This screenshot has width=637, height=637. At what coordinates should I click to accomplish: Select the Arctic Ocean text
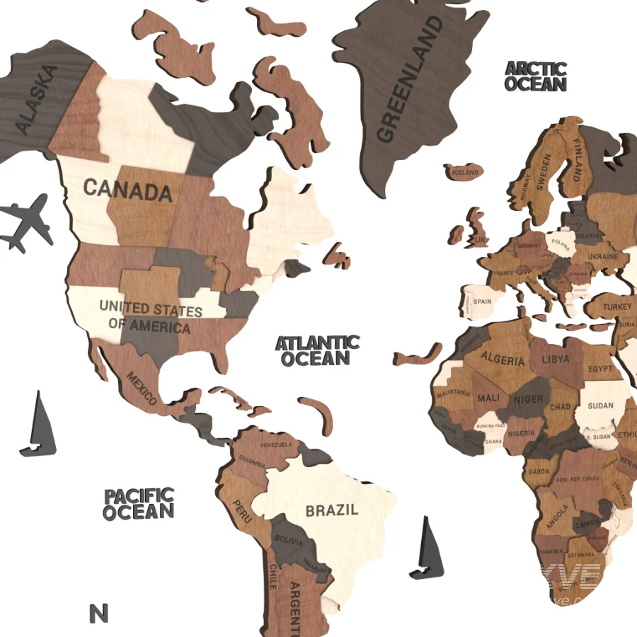tap(536, 76)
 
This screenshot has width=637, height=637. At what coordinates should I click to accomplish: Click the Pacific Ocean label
tap(139, 503)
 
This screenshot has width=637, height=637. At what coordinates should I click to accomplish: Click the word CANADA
tap(128, 190)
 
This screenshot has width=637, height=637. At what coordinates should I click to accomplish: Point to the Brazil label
tap(331, 510)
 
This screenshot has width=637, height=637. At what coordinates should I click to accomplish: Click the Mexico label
tap(142, 389)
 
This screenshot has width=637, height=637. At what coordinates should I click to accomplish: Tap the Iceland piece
tap(465, 172)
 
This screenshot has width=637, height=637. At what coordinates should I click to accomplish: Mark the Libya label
tap(556, 360)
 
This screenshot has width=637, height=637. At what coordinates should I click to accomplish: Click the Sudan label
tap(601, 406)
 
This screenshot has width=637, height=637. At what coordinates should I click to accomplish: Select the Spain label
tap(483, 301)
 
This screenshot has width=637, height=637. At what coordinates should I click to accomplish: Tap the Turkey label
tap(617, 307)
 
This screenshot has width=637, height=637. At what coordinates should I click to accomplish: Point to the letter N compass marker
tap(99, 613)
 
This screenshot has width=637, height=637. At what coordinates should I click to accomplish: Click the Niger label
tap(529, 399)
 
